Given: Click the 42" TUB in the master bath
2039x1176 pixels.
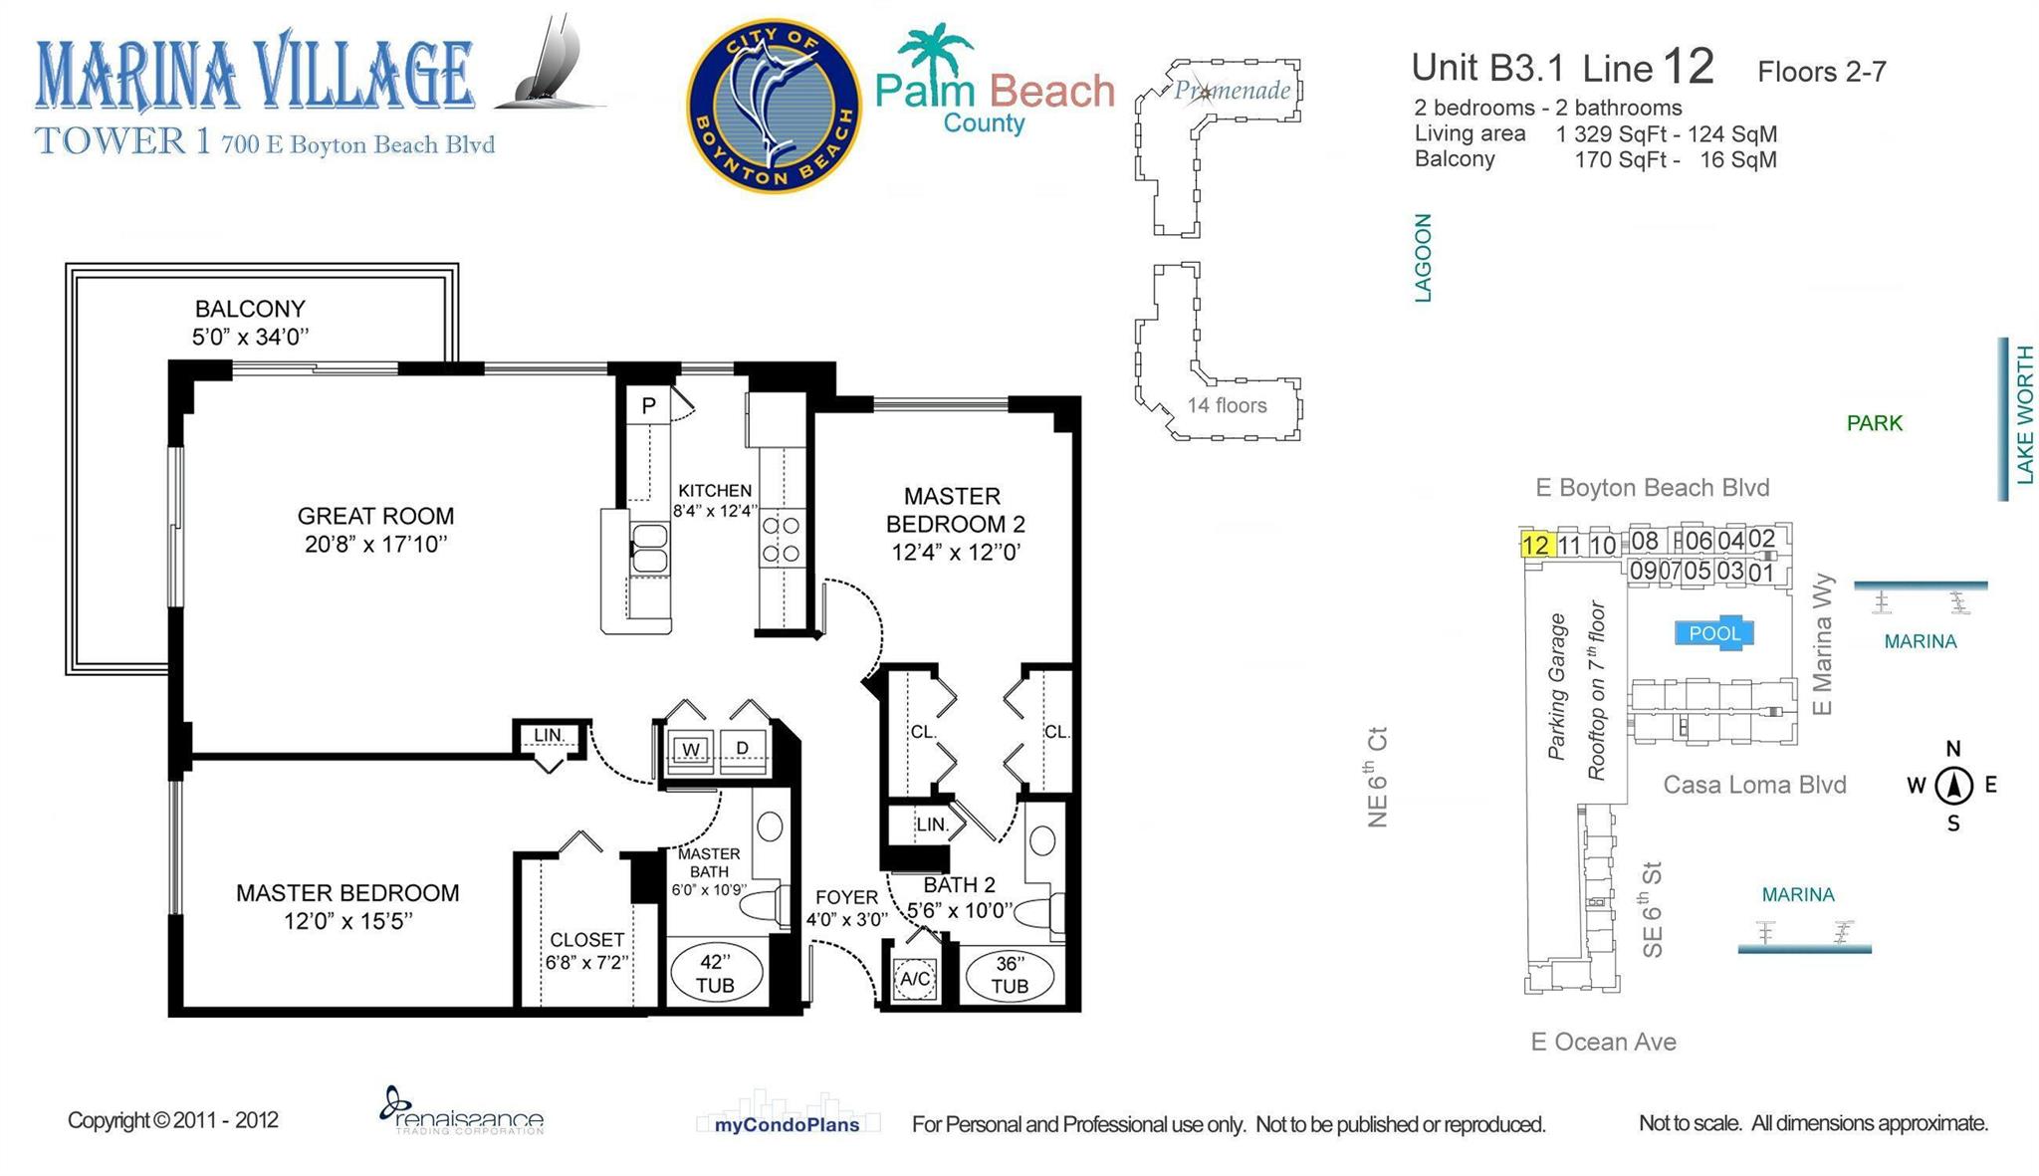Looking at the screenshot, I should click(x=715, y=973).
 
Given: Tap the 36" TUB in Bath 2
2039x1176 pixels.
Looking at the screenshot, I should click(x=1010, y=975).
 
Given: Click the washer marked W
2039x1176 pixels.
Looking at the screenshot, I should click(x=691, y=749).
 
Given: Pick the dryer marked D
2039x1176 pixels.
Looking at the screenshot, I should click(x=743, y=749).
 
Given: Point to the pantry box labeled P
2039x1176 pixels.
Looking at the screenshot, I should click(x=648, y=405).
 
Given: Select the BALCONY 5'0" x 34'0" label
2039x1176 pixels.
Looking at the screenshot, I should click(x=250, y=322).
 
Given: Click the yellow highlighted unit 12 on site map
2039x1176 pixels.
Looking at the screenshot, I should click(x=1535, y=545).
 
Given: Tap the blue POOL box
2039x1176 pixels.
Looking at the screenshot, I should click(x=1713, y=633).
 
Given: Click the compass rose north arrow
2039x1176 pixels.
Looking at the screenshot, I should click(x=1953, y=785).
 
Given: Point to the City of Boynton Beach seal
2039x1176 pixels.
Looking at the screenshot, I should click(x=774, y=106).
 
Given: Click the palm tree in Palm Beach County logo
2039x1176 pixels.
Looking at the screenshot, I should click(x=933, y=51).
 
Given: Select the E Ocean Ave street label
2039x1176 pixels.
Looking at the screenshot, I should click(x=1603, y=1042).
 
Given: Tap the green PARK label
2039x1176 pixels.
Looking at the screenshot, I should click(x=1874, y=423).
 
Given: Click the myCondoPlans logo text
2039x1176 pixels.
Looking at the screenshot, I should click(x=787, y=1124).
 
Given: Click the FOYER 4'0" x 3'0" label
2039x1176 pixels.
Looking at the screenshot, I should click(x=846, y=907).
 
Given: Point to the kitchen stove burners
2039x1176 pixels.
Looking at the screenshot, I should click(x=781, y=539).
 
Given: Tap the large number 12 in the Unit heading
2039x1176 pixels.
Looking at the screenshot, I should click(x=1688, y=67).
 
